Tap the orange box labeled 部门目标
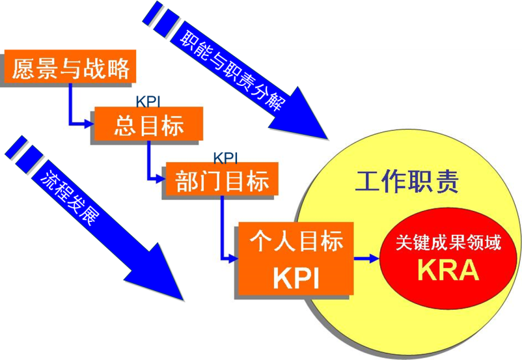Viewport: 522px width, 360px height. click(x=222, y=178)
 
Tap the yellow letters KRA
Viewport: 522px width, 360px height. click(x=449, y=270)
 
